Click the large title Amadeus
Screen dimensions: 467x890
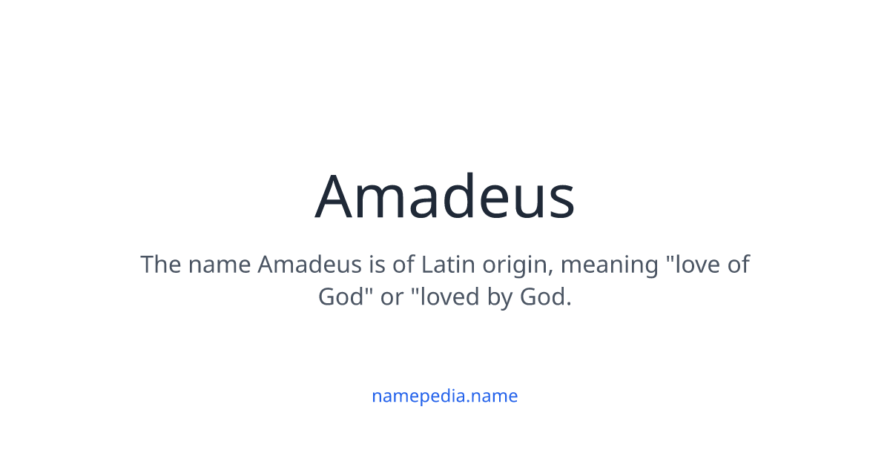point(445,197)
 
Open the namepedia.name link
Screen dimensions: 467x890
point(445,396)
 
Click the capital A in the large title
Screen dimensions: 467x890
point(337,197)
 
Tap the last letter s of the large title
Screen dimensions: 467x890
point(561,200)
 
